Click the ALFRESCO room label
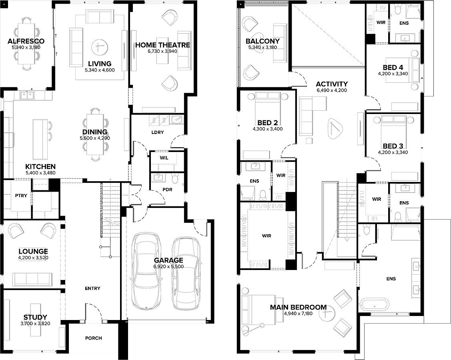coord(26,41)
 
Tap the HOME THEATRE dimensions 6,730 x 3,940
coord(162,51)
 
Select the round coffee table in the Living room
coord(100,46)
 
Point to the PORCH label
coord(94,338)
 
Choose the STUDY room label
coord(35,318)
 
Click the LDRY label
coord(158,132)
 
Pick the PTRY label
coord(21,196)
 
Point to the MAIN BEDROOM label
coord(298,307)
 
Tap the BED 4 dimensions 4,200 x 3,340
coord(393,74)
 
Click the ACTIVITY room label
coord(332,84)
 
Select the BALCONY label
coord(263,41)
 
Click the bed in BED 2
coord(268,106)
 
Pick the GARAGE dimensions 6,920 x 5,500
coord(168,266)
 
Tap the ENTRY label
coord(92,288)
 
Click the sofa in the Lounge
coord(32,279)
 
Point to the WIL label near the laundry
coord(164,158)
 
